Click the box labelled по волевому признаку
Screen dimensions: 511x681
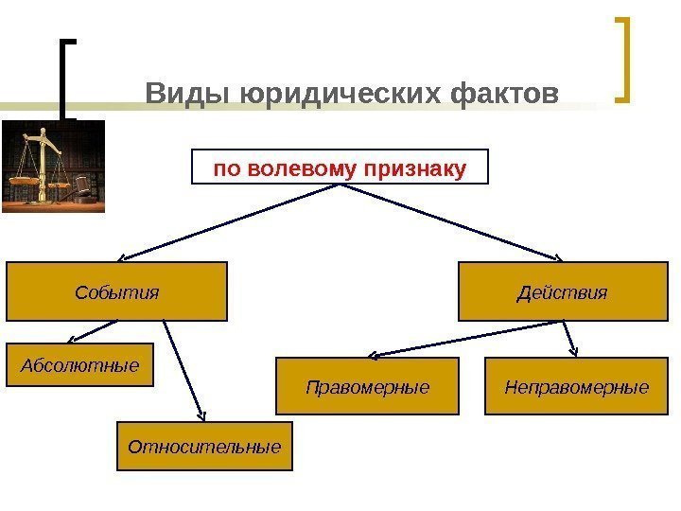point(340,167)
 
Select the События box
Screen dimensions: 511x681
point(117,291)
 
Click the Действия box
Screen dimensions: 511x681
point(562,291)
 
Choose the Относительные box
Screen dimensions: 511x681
point(204,445)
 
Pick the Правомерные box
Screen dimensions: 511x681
point(367,386)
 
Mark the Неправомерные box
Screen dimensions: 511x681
point(576,386)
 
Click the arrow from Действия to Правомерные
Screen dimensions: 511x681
point(463,338)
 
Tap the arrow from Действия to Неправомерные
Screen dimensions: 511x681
point(569,338)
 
